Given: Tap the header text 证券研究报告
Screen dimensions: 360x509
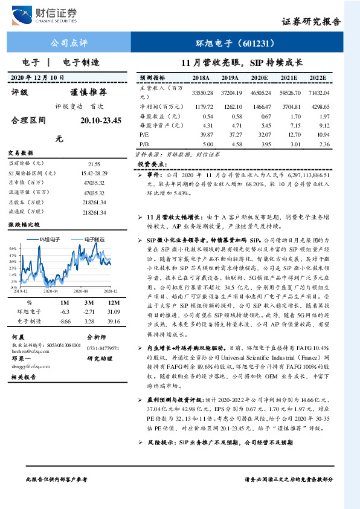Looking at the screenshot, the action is (x=311, y=22).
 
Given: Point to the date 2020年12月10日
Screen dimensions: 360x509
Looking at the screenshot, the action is (x=38, y=77).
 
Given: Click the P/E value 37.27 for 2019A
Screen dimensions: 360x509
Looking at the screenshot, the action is (x=231, y=134).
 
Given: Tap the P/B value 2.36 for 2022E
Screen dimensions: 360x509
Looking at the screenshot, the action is (x=324, y=144).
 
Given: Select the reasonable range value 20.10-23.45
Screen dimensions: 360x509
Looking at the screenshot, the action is (x=100, y=121).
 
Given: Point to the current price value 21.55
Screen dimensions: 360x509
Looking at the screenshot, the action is (x=94, y=164).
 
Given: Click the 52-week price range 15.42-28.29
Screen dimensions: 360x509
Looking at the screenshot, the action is (x=93, y=173).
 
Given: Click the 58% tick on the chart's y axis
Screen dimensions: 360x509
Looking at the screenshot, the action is (x=12, y=249).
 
